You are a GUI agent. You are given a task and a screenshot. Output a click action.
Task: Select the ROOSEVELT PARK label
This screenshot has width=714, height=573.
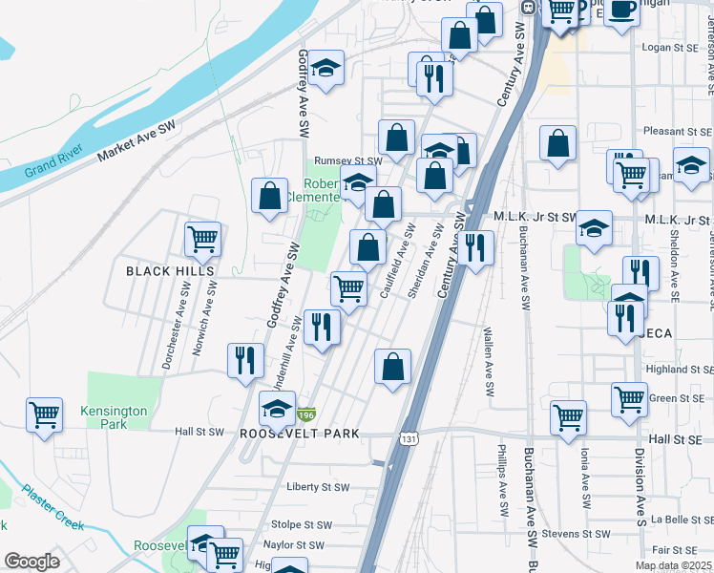pos(299,434)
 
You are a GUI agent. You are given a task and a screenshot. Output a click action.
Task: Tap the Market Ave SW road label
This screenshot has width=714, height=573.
pos(136,139)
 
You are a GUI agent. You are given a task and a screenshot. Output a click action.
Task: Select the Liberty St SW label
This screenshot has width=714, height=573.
pos(318,487)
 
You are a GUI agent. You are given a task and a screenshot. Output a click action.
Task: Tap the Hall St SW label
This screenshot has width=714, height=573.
pos(199,432)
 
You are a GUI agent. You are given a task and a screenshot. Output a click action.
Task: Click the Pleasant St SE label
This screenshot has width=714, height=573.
pos(677,131)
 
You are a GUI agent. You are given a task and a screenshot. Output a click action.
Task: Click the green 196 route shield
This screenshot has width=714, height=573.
pos(305,414)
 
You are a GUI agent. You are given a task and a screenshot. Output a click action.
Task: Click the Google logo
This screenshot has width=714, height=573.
pos(31,562)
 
